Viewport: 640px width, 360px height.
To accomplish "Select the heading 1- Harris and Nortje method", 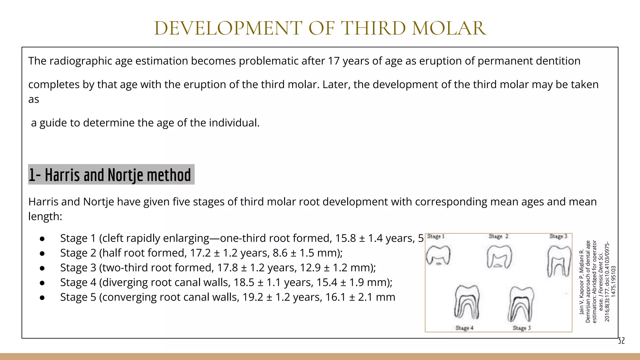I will coord(110,175).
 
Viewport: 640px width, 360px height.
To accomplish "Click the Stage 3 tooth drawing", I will coord(559,261).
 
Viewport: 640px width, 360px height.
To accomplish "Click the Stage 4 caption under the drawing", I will coord(464,328).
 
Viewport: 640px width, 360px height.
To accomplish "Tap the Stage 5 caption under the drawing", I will coord(522,328).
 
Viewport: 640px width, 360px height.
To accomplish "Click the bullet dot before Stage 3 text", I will coord(42,268).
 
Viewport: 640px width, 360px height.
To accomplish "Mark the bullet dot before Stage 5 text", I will coord(42,297).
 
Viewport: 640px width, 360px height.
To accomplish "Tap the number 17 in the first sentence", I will coord(334,61).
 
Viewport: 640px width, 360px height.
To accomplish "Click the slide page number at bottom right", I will coord(621,341).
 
